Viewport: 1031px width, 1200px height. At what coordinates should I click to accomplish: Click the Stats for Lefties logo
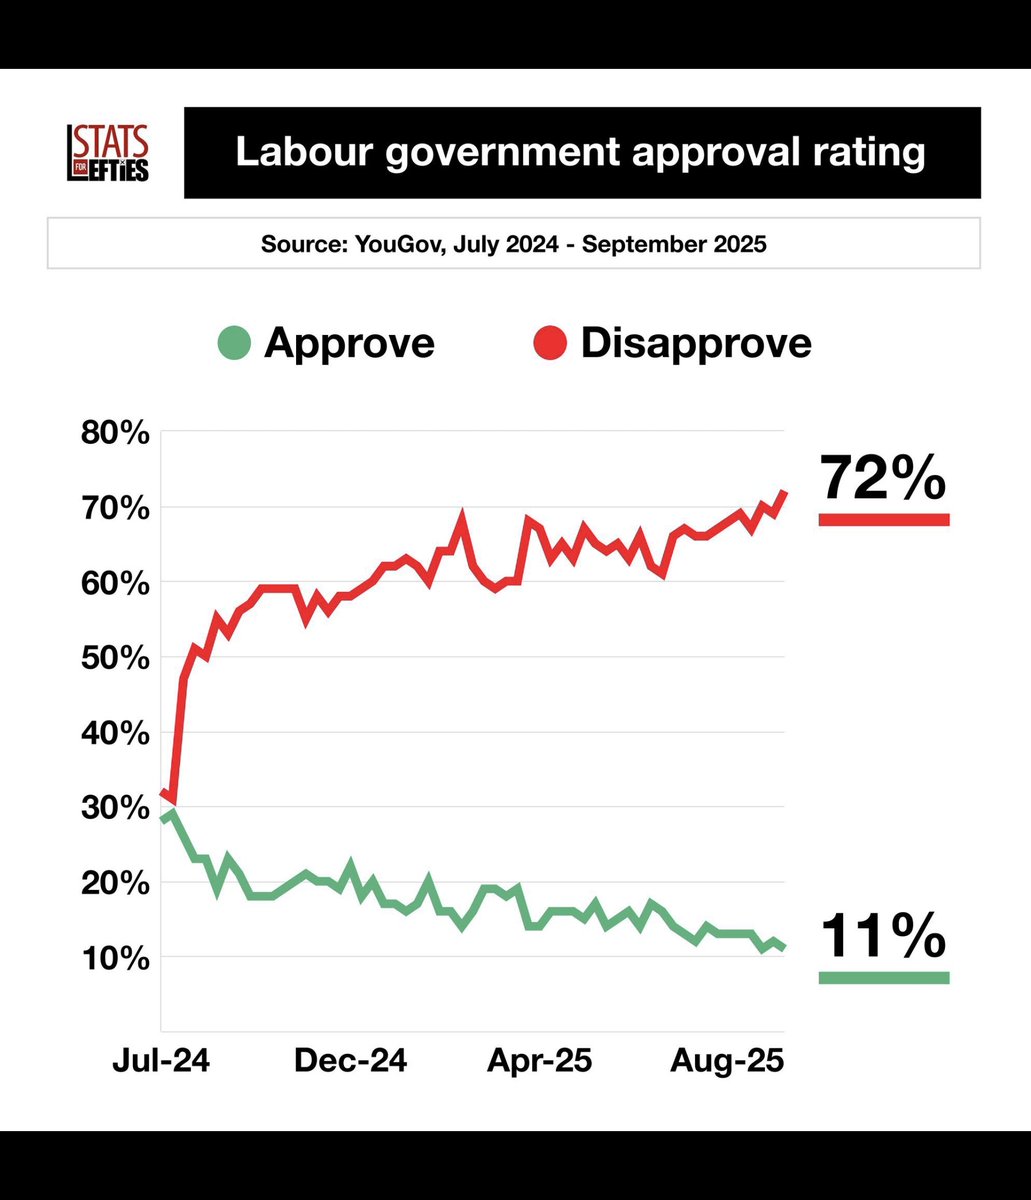(x=107, y=154)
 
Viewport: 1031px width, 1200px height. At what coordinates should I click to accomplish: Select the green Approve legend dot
(x=233, y=345)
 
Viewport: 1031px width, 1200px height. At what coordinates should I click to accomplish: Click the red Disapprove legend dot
(x=550, y=345)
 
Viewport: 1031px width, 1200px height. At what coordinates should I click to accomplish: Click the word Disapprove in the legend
(x=696, y=343)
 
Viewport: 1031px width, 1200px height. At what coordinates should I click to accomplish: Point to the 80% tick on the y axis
(x=116, y=433)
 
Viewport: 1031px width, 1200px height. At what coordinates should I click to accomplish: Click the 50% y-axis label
(x=116, y=658)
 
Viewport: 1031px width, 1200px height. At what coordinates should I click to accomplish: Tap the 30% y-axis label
(x=116, y=808)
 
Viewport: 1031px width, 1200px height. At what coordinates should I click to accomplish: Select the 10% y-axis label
(x=116, y=958)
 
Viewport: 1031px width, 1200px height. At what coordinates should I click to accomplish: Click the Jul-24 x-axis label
(x=162, y=1060)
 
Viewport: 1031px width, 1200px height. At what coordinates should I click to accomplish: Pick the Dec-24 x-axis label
(x=351, y=1060)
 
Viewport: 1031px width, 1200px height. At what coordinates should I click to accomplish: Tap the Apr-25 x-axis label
(x=540, y=1060)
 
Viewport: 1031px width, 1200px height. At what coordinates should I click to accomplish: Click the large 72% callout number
(x=883, y=478)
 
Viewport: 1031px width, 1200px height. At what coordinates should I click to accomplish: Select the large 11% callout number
(x=883, y=937)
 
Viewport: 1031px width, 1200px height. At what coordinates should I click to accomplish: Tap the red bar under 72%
(x=883, y=519)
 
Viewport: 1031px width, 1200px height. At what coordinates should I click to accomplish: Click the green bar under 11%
(x=883, y=977)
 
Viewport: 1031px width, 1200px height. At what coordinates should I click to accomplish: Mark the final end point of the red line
(x=784, y=492)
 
